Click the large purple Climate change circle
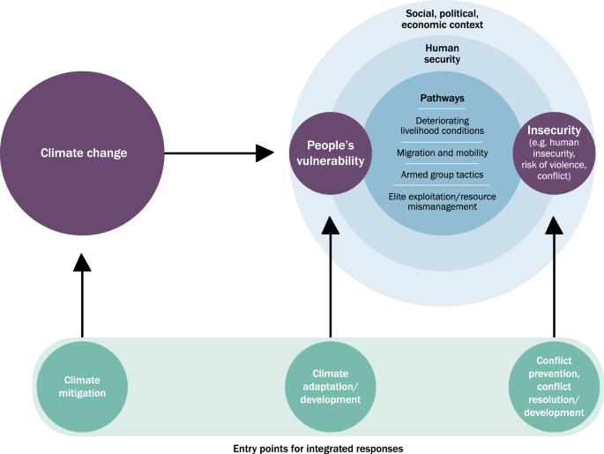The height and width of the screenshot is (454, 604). (84, 153)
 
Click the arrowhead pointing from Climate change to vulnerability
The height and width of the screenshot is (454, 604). (265, 153)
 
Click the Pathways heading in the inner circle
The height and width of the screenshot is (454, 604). (442, 100)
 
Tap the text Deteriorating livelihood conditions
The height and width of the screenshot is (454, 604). (442, 126)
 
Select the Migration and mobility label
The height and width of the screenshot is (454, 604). (442, 153)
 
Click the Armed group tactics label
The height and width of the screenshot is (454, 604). (442, 175)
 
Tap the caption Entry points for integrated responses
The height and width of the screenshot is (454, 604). (318, 448)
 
